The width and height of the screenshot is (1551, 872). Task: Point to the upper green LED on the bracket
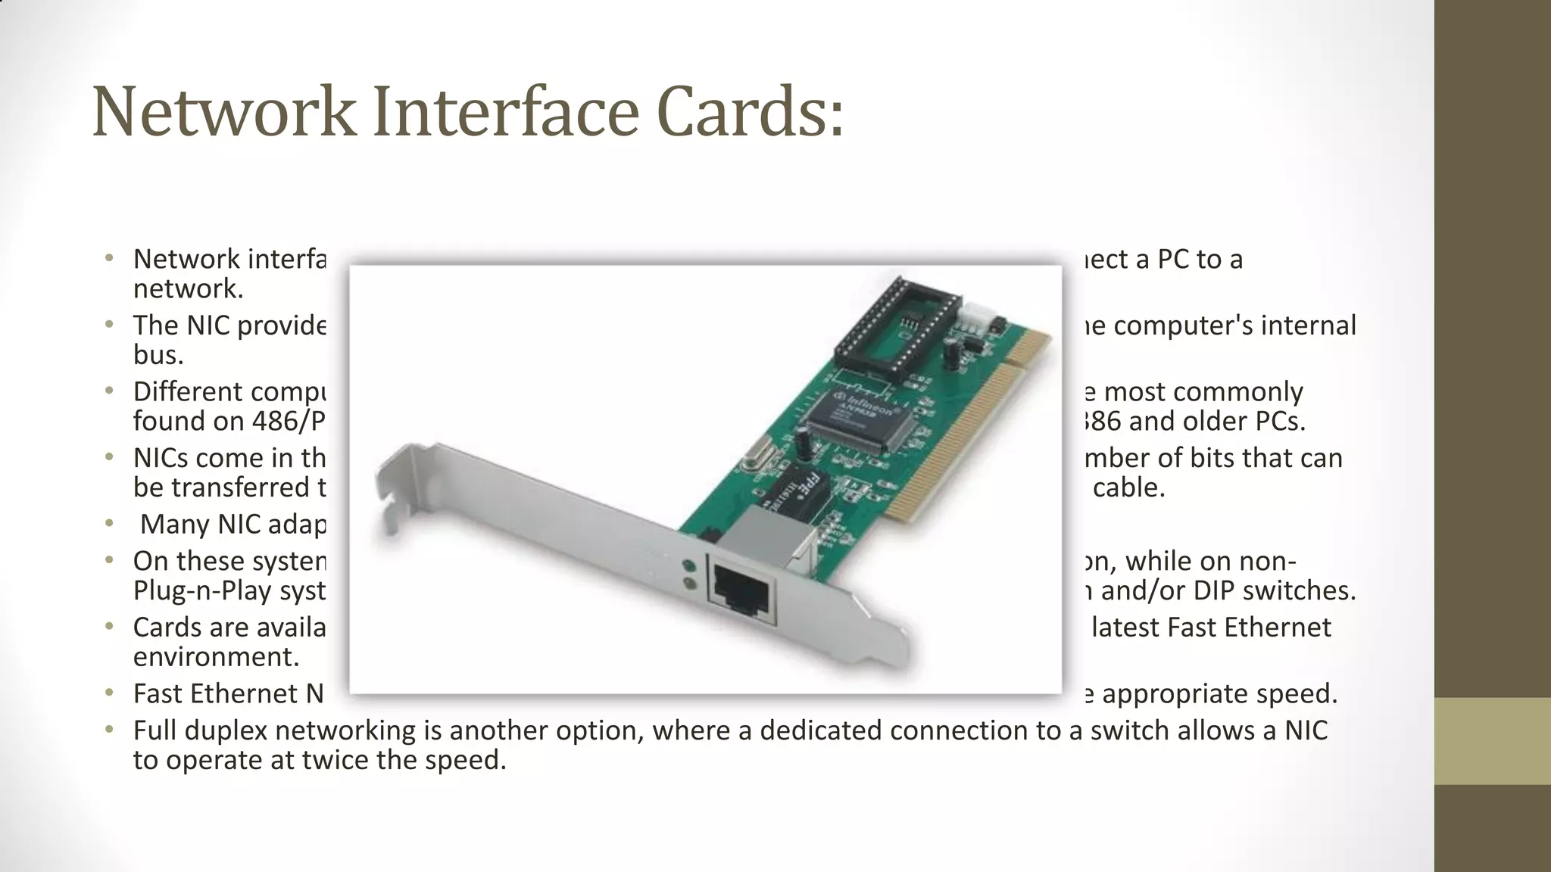pyautogui.click(x=689, y=565)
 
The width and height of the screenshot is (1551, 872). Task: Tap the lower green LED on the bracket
pyautogui.click(x=689, y=584)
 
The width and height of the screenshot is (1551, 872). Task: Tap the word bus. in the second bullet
pyautogui.click(x=158, y=355)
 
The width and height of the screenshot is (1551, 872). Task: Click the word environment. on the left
pyautogui.click(x=216, y=657)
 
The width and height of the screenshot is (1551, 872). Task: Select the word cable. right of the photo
pyautogui.click(x=1128, y=487)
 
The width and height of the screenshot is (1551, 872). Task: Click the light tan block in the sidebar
pyautogui.click(x=1493, y=740)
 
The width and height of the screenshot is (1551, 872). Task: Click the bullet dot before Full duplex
pyautogui.click(x=111, y=730)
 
